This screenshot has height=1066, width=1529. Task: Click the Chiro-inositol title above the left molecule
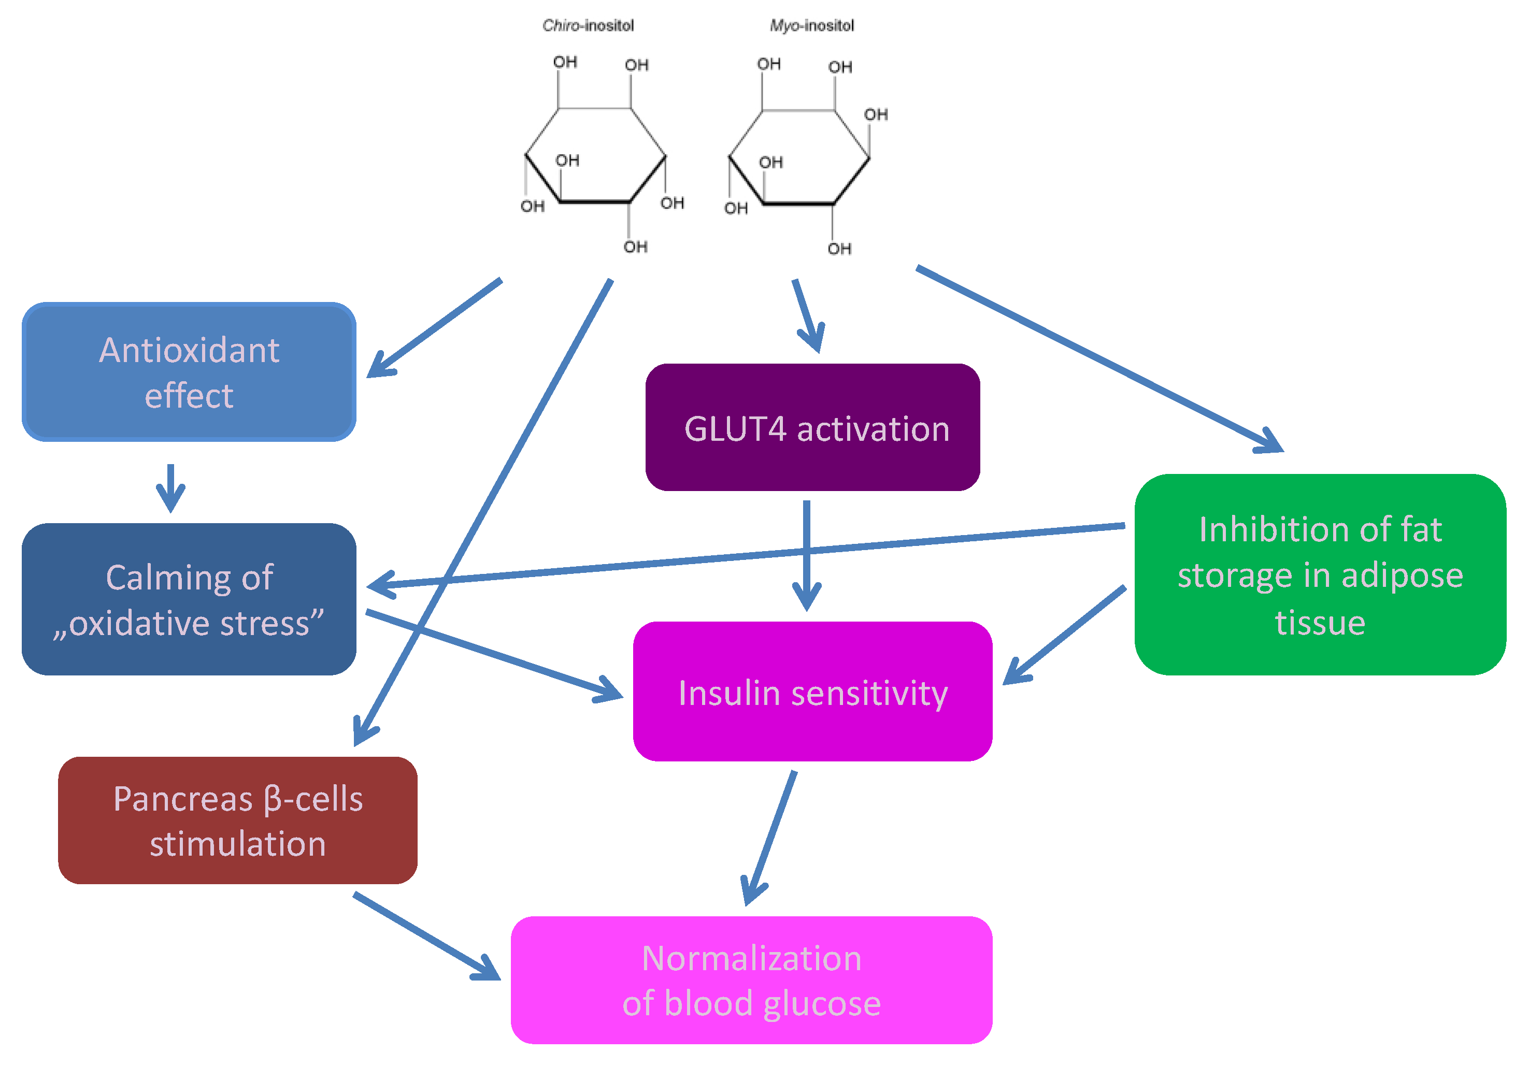(x=588, y=25)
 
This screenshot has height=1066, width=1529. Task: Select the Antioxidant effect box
(x=189, y=371)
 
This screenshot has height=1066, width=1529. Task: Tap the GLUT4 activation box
(x=812, y=427)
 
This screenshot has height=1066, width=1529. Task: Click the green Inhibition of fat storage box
(x=1319, y=574)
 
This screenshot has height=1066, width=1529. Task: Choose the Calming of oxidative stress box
(x=189, y=599)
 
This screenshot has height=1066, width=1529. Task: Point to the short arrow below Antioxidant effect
(x=170, y=488)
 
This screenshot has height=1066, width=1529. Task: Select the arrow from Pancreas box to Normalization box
(x=426, y=935)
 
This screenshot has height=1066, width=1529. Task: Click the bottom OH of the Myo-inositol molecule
(x=839, y=248)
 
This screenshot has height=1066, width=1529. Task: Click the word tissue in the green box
(x=1319, y=623)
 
